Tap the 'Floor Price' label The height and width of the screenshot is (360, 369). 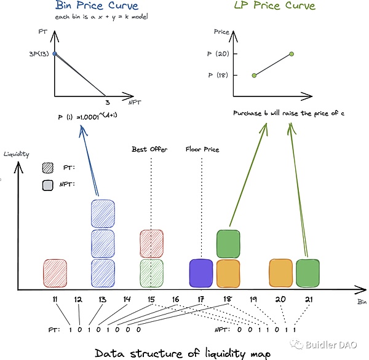pyautogui.click(x=202, y=149)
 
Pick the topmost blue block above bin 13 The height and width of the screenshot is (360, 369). pyautogui.click(x=104, y=213)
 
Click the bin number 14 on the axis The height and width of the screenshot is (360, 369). pyautogui.click(x=127, y=299)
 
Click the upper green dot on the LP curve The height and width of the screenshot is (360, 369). pyautogui.click(x=291, y=54)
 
